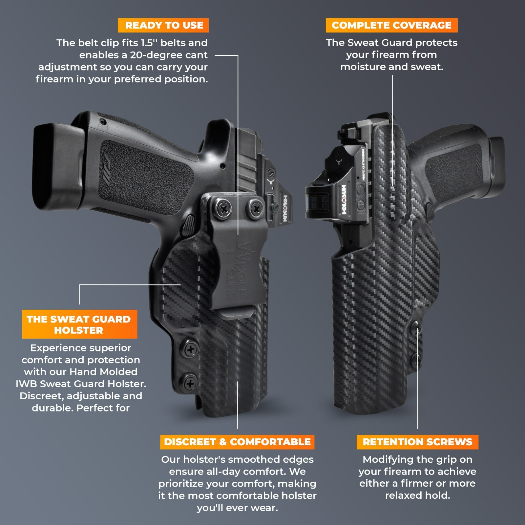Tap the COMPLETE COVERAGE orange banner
coord(391,25)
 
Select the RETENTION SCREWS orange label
coord(417,442)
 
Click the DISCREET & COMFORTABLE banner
coord(237,442)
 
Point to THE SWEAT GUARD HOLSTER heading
coord(79,324)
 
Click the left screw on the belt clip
coord(224,209)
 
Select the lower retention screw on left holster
coord(190,383)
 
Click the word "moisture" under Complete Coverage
coord(363,67)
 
